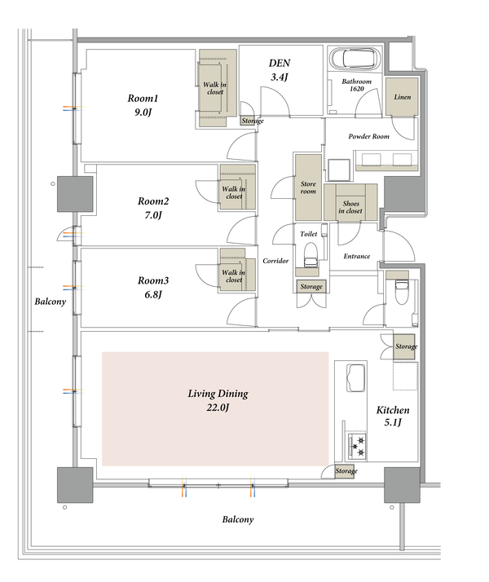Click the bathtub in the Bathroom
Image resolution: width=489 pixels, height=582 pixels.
(x=355, y=58)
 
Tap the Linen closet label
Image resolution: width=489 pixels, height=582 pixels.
(x=402, y=97)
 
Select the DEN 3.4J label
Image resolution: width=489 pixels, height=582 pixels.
(x=280, y=70)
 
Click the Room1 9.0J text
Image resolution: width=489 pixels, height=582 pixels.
(x=143, y=105)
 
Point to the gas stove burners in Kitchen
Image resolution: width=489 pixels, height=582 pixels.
(x=357, y=446)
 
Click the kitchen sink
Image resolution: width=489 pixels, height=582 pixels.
(x=356, y=378)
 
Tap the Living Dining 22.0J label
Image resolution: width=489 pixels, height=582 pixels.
(x=218, y=400)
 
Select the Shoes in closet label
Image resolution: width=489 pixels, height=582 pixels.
(x=350, y=207)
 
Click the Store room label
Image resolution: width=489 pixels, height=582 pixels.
(x=308, y=187)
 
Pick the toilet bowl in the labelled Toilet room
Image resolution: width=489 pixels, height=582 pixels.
(x=311, y=254)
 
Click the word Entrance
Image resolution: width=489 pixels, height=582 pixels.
(x=356, y=256)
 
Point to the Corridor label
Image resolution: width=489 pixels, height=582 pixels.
(x=275, y=261)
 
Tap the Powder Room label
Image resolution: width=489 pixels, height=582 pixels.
(x=369, y=137)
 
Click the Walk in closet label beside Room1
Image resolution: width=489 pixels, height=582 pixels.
(x=215, y=88)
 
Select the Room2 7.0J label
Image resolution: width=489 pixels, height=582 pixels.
(x=153, y=208)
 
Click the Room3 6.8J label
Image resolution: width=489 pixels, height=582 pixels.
(x=153, y=287)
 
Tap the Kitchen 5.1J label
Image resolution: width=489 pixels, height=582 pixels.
(x=393, y=416)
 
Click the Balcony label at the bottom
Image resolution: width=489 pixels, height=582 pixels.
(x=238, y=520)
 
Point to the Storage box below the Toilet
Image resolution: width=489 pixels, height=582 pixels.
(x=311, y=286)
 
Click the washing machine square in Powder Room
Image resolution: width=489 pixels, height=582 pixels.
(x=339, y=170)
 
